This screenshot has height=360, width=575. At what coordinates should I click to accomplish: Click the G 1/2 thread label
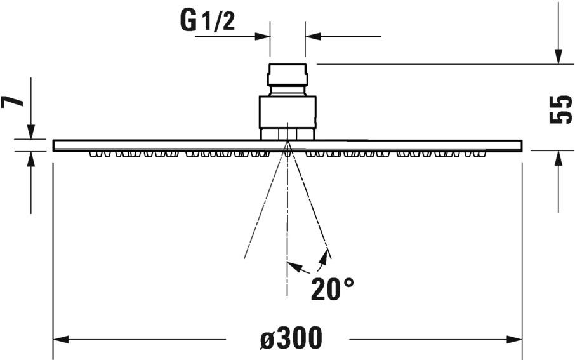pos(208,22)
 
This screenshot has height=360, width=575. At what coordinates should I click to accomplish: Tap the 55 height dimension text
pos(560,109)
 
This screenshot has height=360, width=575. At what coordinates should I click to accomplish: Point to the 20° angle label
pos(332,289)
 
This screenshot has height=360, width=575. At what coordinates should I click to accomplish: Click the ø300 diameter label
pos(291,338)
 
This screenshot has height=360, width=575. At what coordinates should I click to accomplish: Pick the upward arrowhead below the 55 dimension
pos(558,158)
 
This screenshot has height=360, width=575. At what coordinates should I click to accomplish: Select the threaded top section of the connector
pos(287,75)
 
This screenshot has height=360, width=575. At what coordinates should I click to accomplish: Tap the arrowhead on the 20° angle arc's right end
pos(326,256)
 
